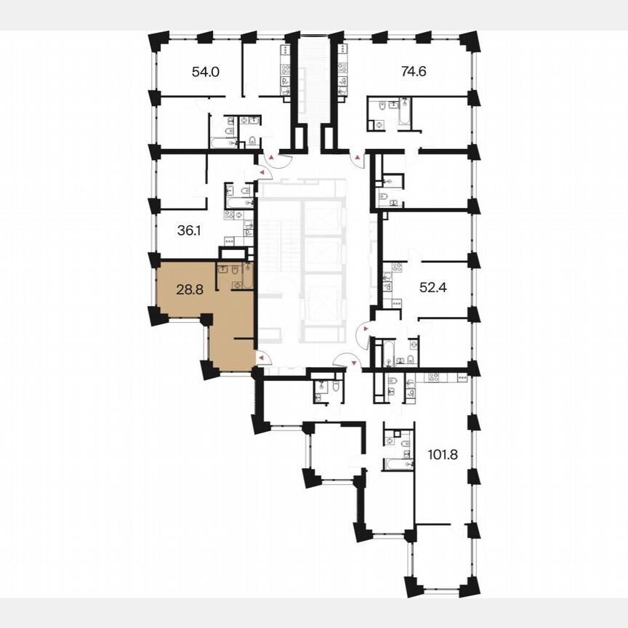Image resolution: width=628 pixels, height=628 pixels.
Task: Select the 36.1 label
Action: coord(189,230)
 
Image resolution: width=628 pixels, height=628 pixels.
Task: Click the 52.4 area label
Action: coord(432,288)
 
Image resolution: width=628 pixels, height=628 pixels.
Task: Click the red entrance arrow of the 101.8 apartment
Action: coord(354,361)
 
